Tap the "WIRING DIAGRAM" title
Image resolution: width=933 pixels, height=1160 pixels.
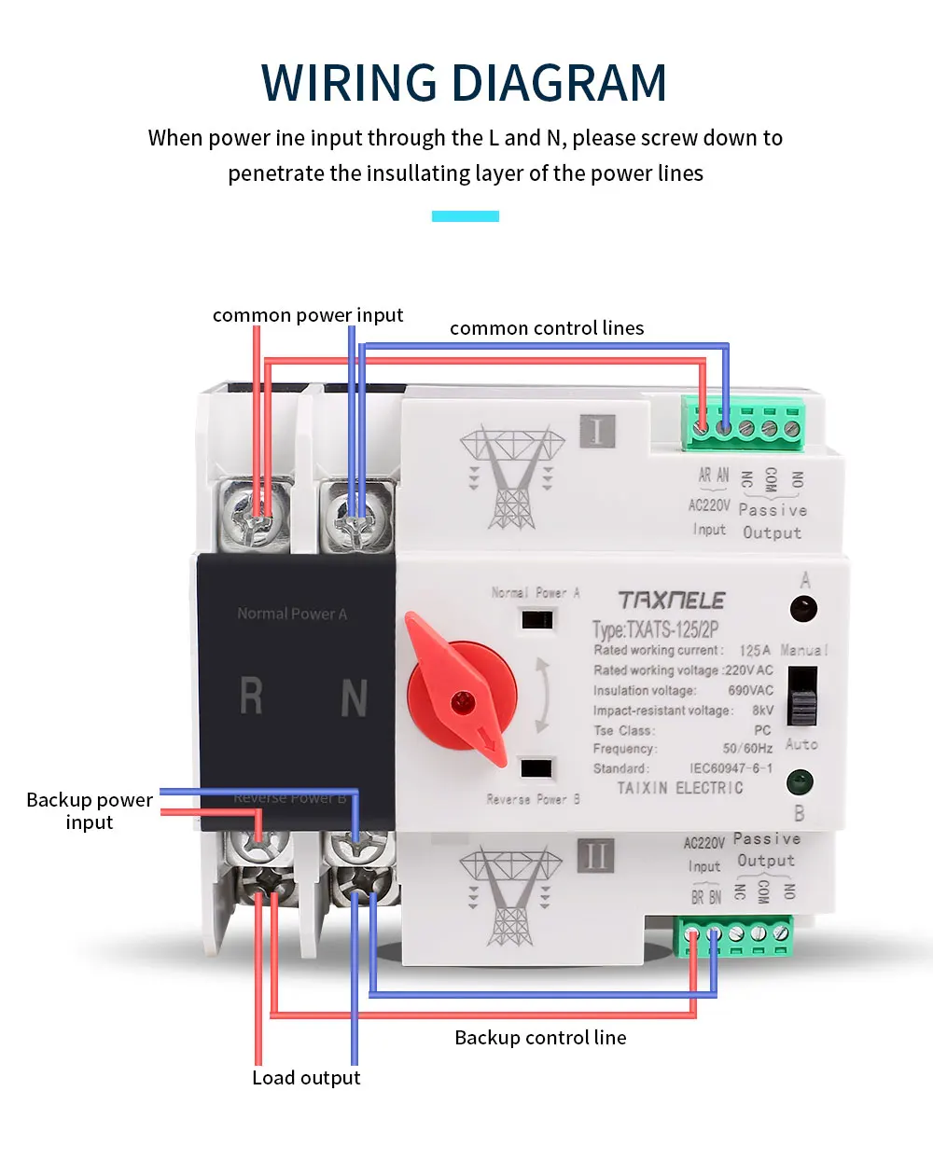pos(465,83)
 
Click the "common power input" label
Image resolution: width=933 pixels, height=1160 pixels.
pos(308,315)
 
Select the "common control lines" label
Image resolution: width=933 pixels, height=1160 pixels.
pos(547,328)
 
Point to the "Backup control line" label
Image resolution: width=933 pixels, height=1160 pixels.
pos(540,1038)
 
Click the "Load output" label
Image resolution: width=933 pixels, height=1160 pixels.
pos(306,1078)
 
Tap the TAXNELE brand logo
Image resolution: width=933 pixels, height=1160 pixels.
pos(672,601)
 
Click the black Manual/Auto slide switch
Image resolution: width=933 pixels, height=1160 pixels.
pos(802,697)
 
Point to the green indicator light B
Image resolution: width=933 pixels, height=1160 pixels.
pos(800,781)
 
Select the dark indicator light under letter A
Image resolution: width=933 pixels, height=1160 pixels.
pos(803,610)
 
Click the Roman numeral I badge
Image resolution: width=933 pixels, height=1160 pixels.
pos(597,431)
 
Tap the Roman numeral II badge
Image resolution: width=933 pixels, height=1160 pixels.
pos(596,855)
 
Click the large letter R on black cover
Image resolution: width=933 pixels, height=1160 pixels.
pos(251,697)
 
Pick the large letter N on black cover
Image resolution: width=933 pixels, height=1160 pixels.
pos(354,697)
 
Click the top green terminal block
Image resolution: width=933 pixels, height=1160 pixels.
pos(744,423)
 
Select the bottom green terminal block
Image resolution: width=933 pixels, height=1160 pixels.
pos(735,935)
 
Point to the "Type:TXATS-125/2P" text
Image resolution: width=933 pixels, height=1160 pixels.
pos(655,628)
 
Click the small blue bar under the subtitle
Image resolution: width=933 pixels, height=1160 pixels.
pos(466,216)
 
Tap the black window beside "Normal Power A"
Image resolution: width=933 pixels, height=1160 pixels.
pos(537,619)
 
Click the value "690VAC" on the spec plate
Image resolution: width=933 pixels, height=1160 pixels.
pos(750,691)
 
